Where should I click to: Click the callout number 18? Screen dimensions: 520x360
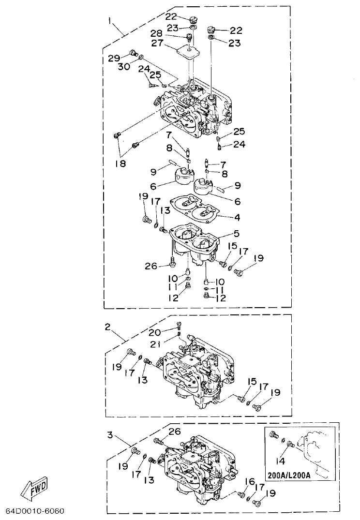tap(120, 163)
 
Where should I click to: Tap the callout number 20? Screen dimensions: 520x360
tap(155, 332)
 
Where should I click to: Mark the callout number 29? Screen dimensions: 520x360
tap(114, 58)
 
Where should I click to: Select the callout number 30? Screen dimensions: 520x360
tap(124, 67)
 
